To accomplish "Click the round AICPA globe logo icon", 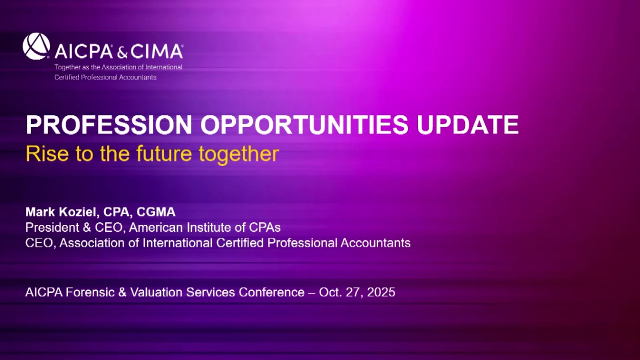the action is pos(36,46).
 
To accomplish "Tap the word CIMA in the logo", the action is pos(157,51).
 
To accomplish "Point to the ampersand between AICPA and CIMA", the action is pos(122,52).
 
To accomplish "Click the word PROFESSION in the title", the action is pos(109,125).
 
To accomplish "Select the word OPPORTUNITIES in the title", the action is pos(304,125).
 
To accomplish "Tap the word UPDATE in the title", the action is pos(467,125).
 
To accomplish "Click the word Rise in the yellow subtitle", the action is pos(47,153).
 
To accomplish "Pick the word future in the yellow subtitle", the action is pos(163,153).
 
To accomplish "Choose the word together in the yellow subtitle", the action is pos(239,154).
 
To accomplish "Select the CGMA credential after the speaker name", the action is pos(156,212).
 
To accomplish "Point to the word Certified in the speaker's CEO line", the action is pos(239,243).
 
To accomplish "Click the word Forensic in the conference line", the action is pos(90,292).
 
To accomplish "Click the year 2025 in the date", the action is pos(381,292).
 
